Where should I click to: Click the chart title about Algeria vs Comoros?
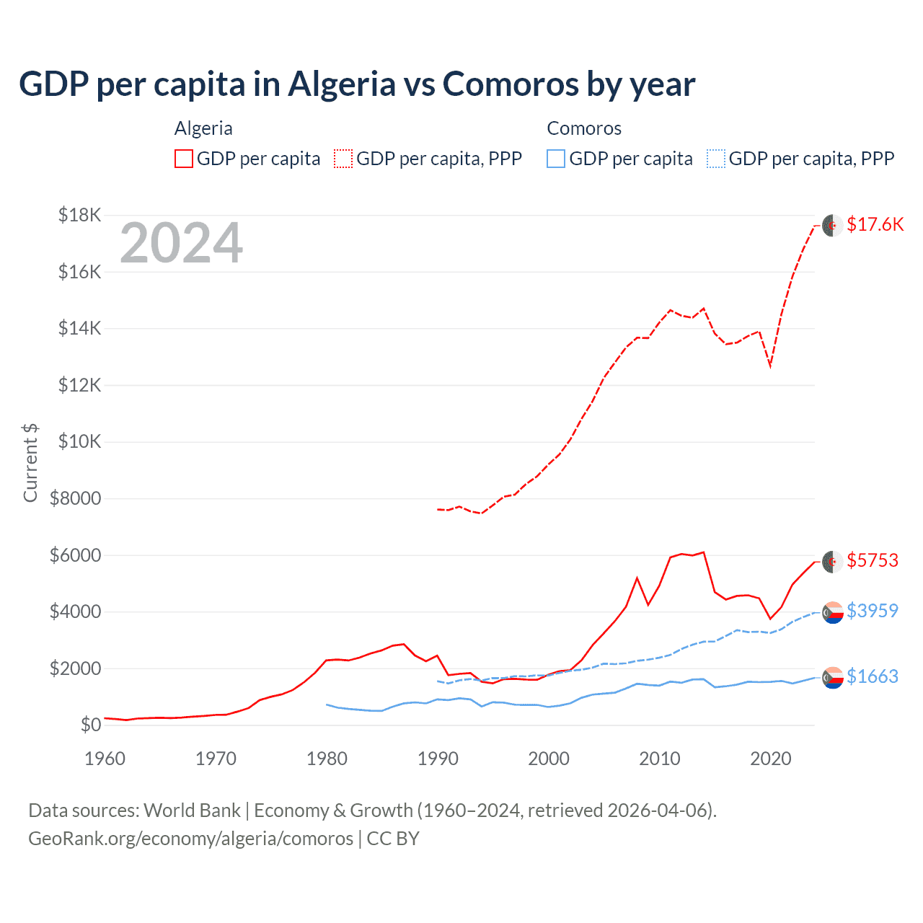(357, 84)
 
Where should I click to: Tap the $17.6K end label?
(875, 224)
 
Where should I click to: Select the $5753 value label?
(873, 560)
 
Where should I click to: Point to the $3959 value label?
(873, 611)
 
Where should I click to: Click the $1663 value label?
(873, 676)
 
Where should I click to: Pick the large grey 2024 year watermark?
(181, 243)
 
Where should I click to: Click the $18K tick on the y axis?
(79, 215)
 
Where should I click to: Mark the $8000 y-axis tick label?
(76, 498)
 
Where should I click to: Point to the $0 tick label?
(91, 725)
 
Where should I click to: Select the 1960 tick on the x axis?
(105, 759)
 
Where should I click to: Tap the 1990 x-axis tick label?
(438, 759)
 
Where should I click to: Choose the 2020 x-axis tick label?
(771, 759)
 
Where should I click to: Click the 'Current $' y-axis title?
(30, 462)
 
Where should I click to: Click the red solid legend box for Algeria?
(184, 159)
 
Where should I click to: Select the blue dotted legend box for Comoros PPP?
(716, 159)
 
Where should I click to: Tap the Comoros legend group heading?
(584, 128)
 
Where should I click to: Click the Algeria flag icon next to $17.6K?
(833, 225)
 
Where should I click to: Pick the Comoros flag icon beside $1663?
(833, 677)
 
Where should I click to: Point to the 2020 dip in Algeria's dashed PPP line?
(770, 366)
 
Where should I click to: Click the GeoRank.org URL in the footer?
(191, 839)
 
